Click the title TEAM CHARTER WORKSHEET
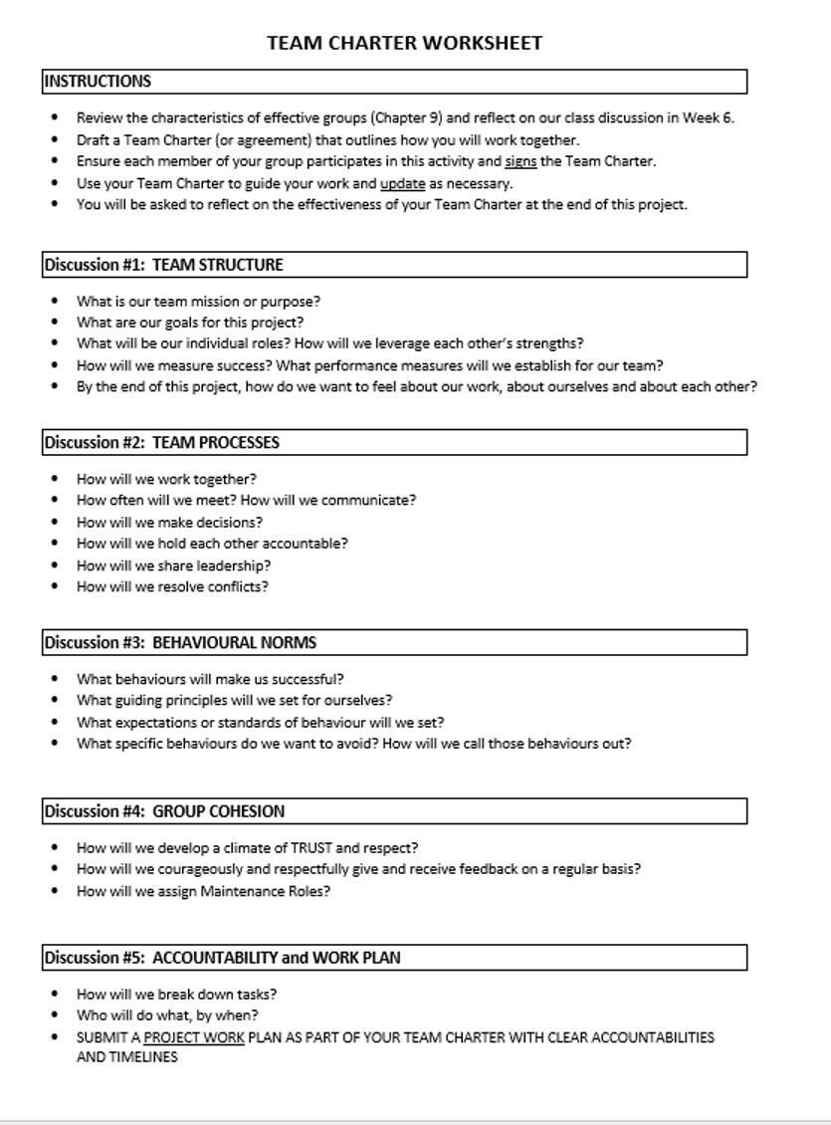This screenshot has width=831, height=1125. [405, 43]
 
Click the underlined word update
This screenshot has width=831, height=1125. [402, 183]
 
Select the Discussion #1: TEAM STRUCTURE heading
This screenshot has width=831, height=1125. [164, 265]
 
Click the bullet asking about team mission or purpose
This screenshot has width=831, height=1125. [198, 301]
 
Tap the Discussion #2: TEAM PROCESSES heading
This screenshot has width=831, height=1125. [162, 443]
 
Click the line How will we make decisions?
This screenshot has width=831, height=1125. [169, 522]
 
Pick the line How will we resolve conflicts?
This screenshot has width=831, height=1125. [172, 586]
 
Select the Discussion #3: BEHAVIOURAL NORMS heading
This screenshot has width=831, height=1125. [180, 642]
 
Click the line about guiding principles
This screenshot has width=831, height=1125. [234, 700]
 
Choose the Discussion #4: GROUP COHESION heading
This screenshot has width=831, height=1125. [164, 811]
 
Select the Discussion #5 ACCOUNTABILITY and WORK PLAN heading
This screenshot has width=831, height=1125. [222, 958]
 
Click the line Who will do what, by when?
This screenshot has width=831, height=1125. [167, 1015]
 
